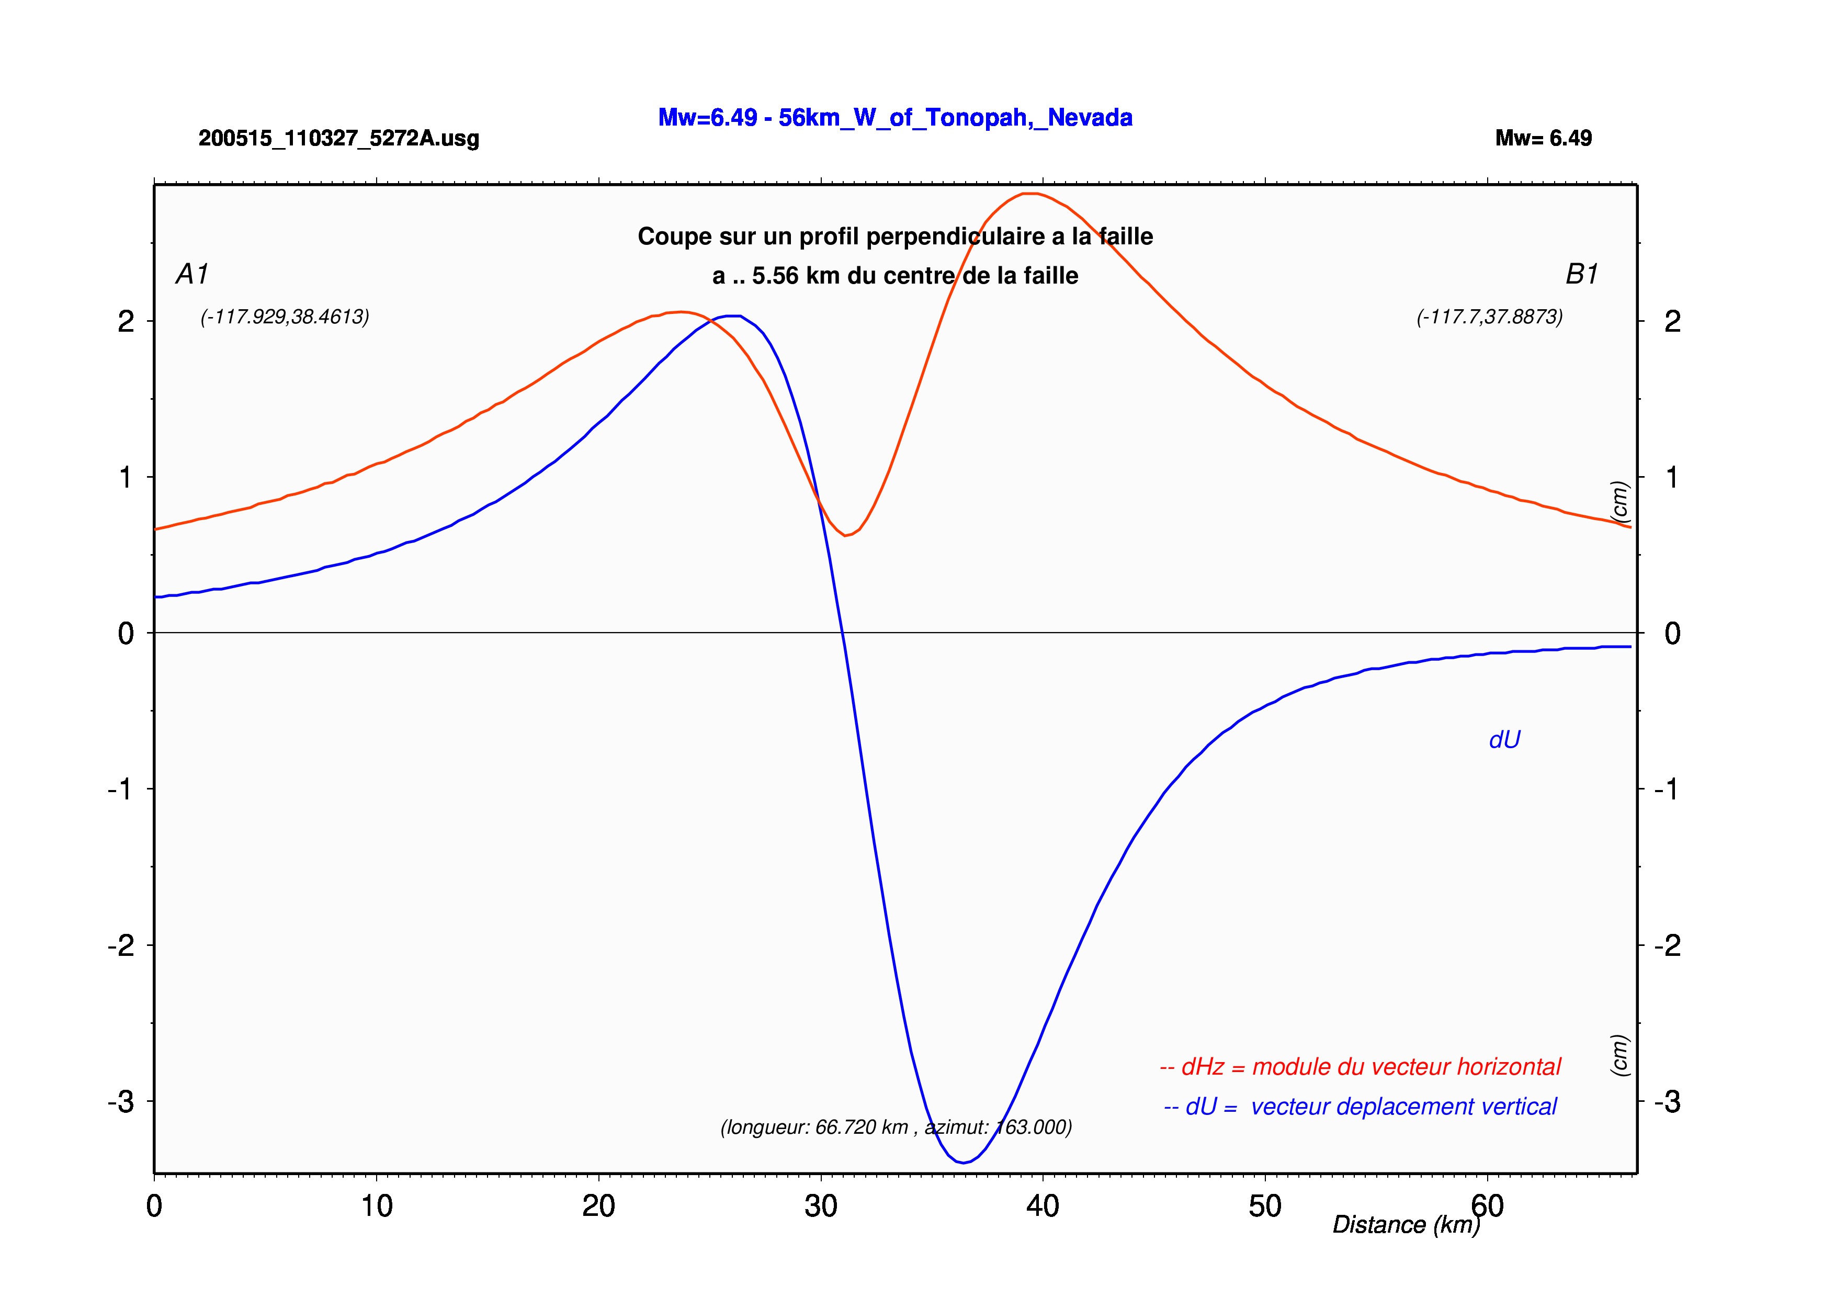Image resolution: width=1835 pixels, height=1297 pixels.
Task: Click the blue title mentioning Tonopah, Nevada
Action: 895,118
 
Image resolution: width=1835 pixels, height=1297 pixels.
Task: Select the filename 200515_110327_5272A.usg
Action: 339,138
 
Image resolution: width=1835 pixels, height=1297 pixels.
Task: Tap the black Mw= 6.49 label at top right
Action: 1543,138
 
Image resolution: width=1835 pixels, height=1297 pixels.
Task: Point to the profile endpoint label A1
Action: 192,274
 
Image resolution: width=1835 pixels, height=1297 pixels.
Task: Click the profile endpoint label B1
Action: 1582,274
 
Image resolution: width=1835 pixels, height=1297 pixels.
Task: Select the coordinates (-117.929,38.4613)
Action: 285,317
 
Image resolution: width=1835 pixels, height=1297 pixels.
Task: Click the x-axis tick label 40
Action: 1043,1206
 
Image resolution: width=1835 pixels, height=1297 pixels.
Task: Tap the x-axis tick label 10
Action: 377,1206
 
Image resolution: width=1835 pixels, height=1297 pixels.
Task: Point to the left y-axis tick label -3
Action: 121,1102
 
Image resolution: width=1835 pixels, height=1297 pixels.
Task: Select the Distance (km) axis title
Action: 1407,1224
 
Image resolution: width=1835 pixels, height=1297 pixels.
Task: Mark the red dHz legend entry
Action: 1360,1067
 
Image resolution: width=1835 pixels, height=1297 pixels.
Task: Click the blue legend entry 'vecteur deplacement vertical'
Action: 1403,1107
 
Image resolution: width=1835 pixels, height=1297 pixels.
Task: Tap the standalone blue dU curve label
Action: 1504,740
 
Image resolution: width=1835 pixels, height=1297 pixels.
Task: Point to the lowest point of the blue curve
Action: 964,1163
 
